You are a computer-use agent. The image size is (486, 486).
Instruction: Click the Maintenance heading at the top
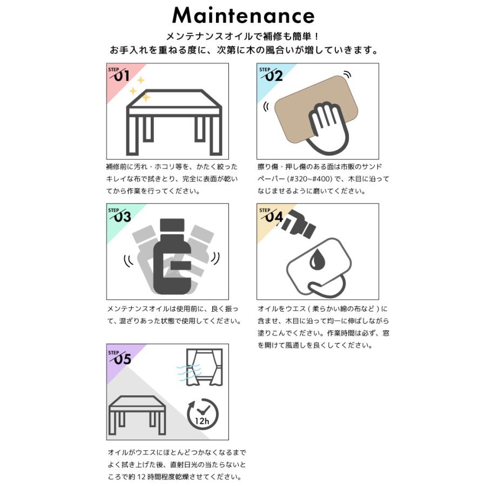click(244, 16)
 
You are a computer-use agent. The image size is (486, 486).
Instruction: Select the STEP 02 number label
click(271, 75)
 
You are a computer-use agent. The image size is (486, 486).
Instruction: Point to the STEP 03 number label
click(120, 215)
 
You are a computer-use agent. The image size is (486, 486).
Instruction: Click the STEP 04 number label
click(271, 215)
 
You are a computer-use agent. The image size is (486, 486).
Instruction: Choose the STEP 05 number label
click(120, 357)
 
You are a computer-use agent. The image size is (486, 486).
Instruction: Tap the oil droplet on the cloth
click(316, 259)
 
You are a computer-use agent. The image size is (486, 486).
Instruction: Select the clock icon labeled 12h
click(202, 414)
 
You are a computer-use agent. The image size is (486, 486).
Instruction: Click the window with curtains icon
click(205, 368)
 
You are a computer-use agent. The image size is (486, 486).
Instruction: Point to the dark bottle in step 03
click(172, 256)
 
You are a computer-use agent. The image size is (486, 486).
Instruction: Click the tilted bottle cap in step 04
click(298, 222)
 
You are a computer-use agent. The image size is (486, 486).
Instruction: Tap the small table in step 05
click(137, 415)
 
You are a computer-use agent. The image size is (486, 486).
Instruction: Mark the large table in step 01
click(174, 122)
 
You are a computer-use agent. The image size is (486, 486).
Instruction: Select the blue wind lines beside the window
click(189, 373)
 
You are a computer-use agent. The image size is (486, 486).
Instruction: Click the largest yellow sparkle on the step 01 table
click(145, 98)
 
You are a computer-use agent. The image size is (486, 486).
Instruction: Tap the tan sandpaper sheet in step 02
click(316, 110)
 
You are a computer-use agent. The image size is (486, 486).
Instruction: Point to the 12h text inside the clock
click(202, 421)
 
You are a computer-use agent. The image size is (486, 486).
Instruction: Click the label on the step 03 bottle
click(180, 265)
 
